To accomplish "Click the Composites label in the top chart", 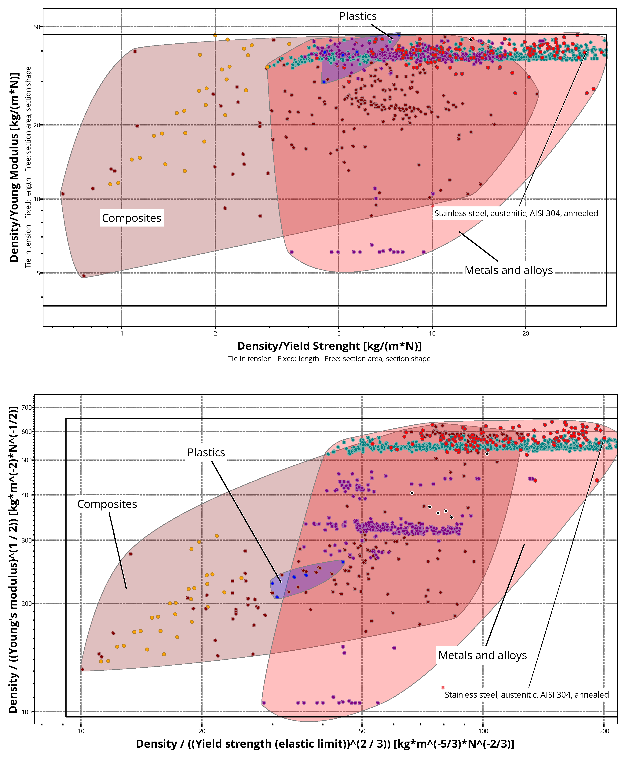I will point(132,218).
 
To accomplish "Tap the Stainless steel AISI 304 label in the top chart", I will point(516,213).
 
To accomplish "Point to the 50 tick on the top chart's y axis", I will point(37,27).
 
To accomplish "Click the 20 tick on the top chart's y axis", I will point(37,125).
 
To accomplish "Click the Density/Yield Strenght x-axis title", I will point(329,346).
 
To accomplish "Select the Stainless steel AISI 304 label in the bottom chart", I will point(526,695).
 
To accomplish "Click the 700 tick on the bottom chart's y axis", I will point(27,407).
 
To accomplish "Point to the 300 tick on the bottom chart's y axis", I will point(27,540).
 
